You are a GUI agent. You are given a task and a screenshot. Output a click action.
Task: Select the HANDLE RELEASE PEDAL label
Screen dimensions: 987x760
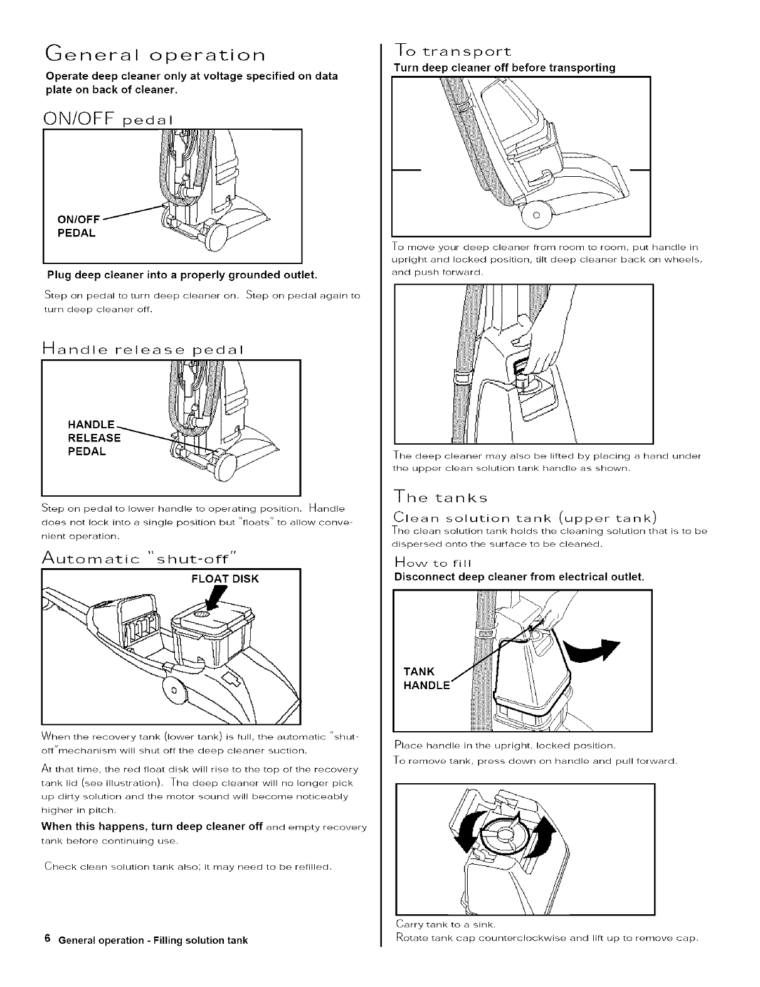(x=94, y=438)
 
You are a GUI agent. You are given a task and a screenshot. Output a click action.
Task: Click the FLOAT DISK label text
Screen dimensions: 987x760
(x=225, y=579)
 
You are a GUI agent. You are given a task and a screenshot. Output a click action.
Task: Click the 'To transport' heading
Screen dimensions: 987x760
(x=452, y=51)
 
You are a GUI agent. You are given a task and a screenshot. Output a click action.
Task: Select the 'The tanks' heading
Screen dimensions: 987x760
(x=440, y=499)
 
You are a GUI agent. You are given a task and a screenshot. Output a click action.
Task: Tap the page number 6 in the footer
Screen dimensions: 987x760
(x=47, y=939)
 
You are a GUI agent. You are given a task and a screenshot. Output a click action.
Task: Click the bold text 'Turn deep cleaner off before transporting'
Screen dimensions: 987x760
(x=504, y=68)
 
